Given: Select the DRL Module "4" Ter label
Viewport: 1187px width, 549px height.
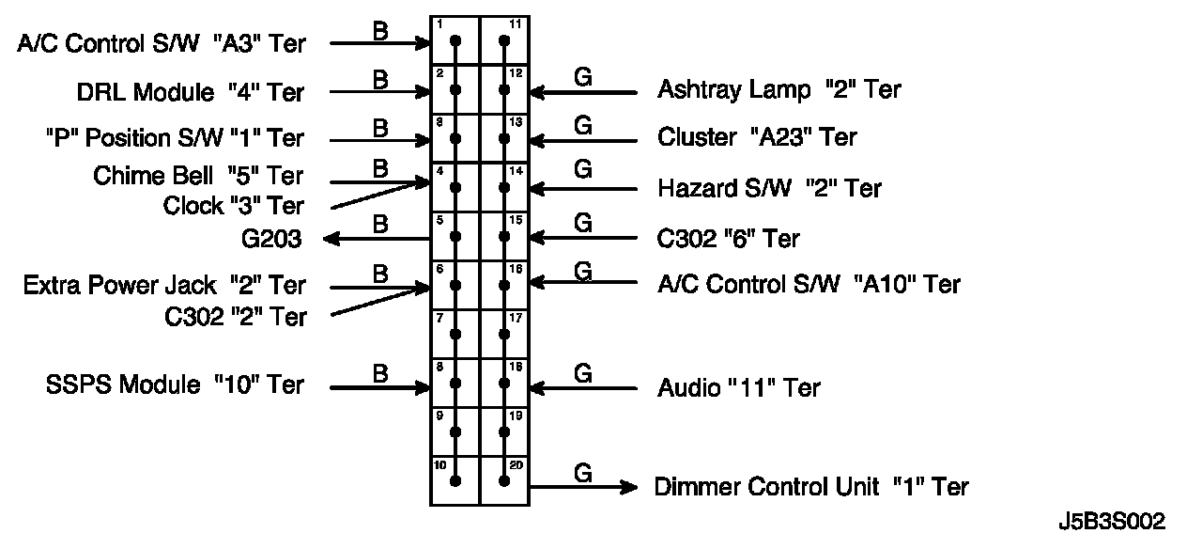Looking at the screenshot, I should pyautogui.click(x=191, y=92).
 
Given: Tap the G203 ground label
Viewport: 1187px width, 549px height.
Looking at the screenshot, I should pyautogui.click(x=271, y=239).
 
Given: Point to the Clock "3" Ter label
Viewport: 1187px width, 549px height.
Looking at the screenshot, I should pyautogui.click(x=233, y=204).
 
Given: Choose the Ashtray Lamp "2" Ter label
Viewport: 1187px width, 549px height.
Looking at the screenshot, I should pyautogui.click(x=778, y=90).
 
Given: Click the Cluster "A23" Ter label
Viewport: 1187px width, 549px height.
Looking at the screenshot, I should pyautogui.click(x=757, y=137).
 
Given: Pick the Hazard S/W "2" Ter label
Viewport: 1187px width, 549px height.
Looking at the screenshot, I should pyautogui.click(x=770, y=188).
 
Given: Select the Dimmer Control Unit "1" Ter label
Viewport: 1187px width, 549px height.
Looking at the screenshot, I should pyautogui.click(x=811, y=487).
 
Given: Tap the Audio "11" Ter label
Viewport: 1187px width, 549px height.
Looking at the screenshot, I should pyautogui.click(x=739, y=387).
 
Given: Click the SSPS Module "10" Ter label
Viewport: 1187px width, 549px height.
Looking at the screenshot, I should pyautogui.click(x=175, y=385).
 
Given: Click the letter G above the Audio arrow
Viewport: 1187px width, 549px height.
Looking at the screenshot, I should pyautogui.click(x=583, y=373).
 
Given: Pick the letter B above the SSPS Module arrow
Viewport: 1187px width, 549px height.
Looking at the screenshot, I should pyautogui.click(x=380, y=373).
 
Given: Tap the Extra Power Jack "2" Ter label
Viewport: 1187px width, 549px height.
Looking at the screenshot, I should pyautogui.click(x=164, y=285).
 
